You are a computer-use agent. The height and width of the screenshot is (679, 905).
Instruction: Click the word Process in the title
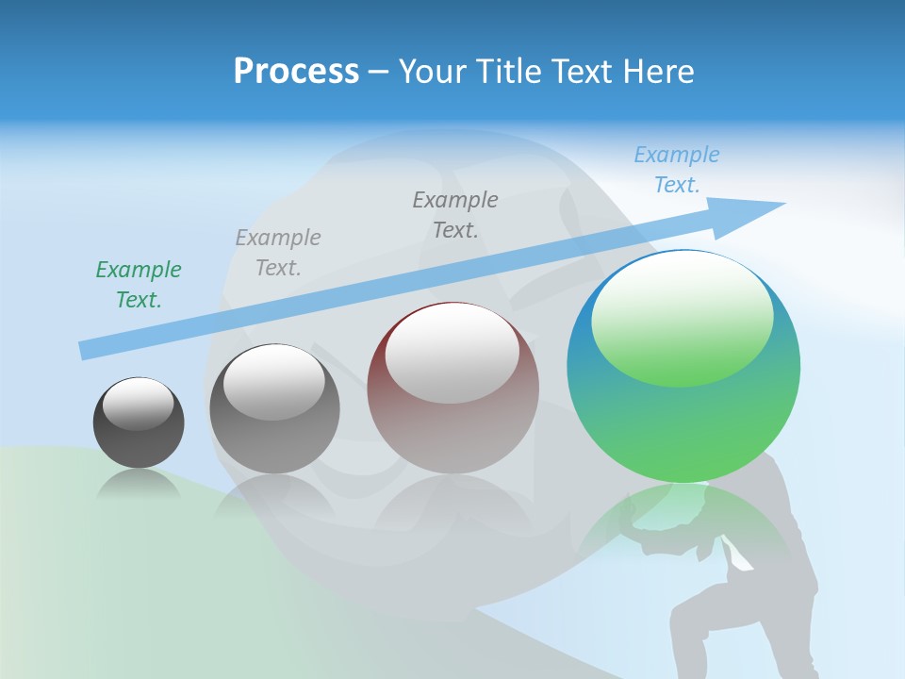(296, 72)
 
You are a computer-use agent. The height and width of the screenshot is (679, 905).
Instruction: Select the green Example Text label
(139, 285)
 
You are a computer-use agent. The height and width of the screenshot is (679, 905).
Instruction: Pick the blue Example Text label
(676, 170)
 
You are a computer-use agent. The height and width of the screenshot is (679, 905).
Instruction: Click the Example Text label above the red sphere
(455, 215)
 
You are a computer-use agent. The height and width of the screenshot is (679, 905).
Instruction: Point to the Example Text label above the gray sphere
(278, 253)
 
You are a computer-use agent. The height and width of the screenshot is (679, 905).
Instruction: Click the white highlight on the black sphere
(138, 403)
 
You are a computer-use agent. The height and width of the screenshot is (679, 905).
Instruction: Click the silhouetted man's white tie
(738, 554)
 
